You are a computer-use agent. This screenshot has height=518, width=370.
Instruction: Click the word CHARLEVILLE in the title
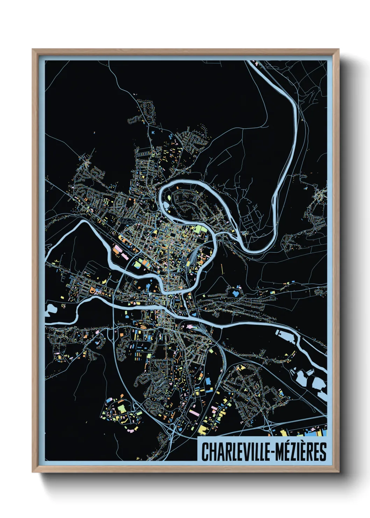[234, 451]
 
